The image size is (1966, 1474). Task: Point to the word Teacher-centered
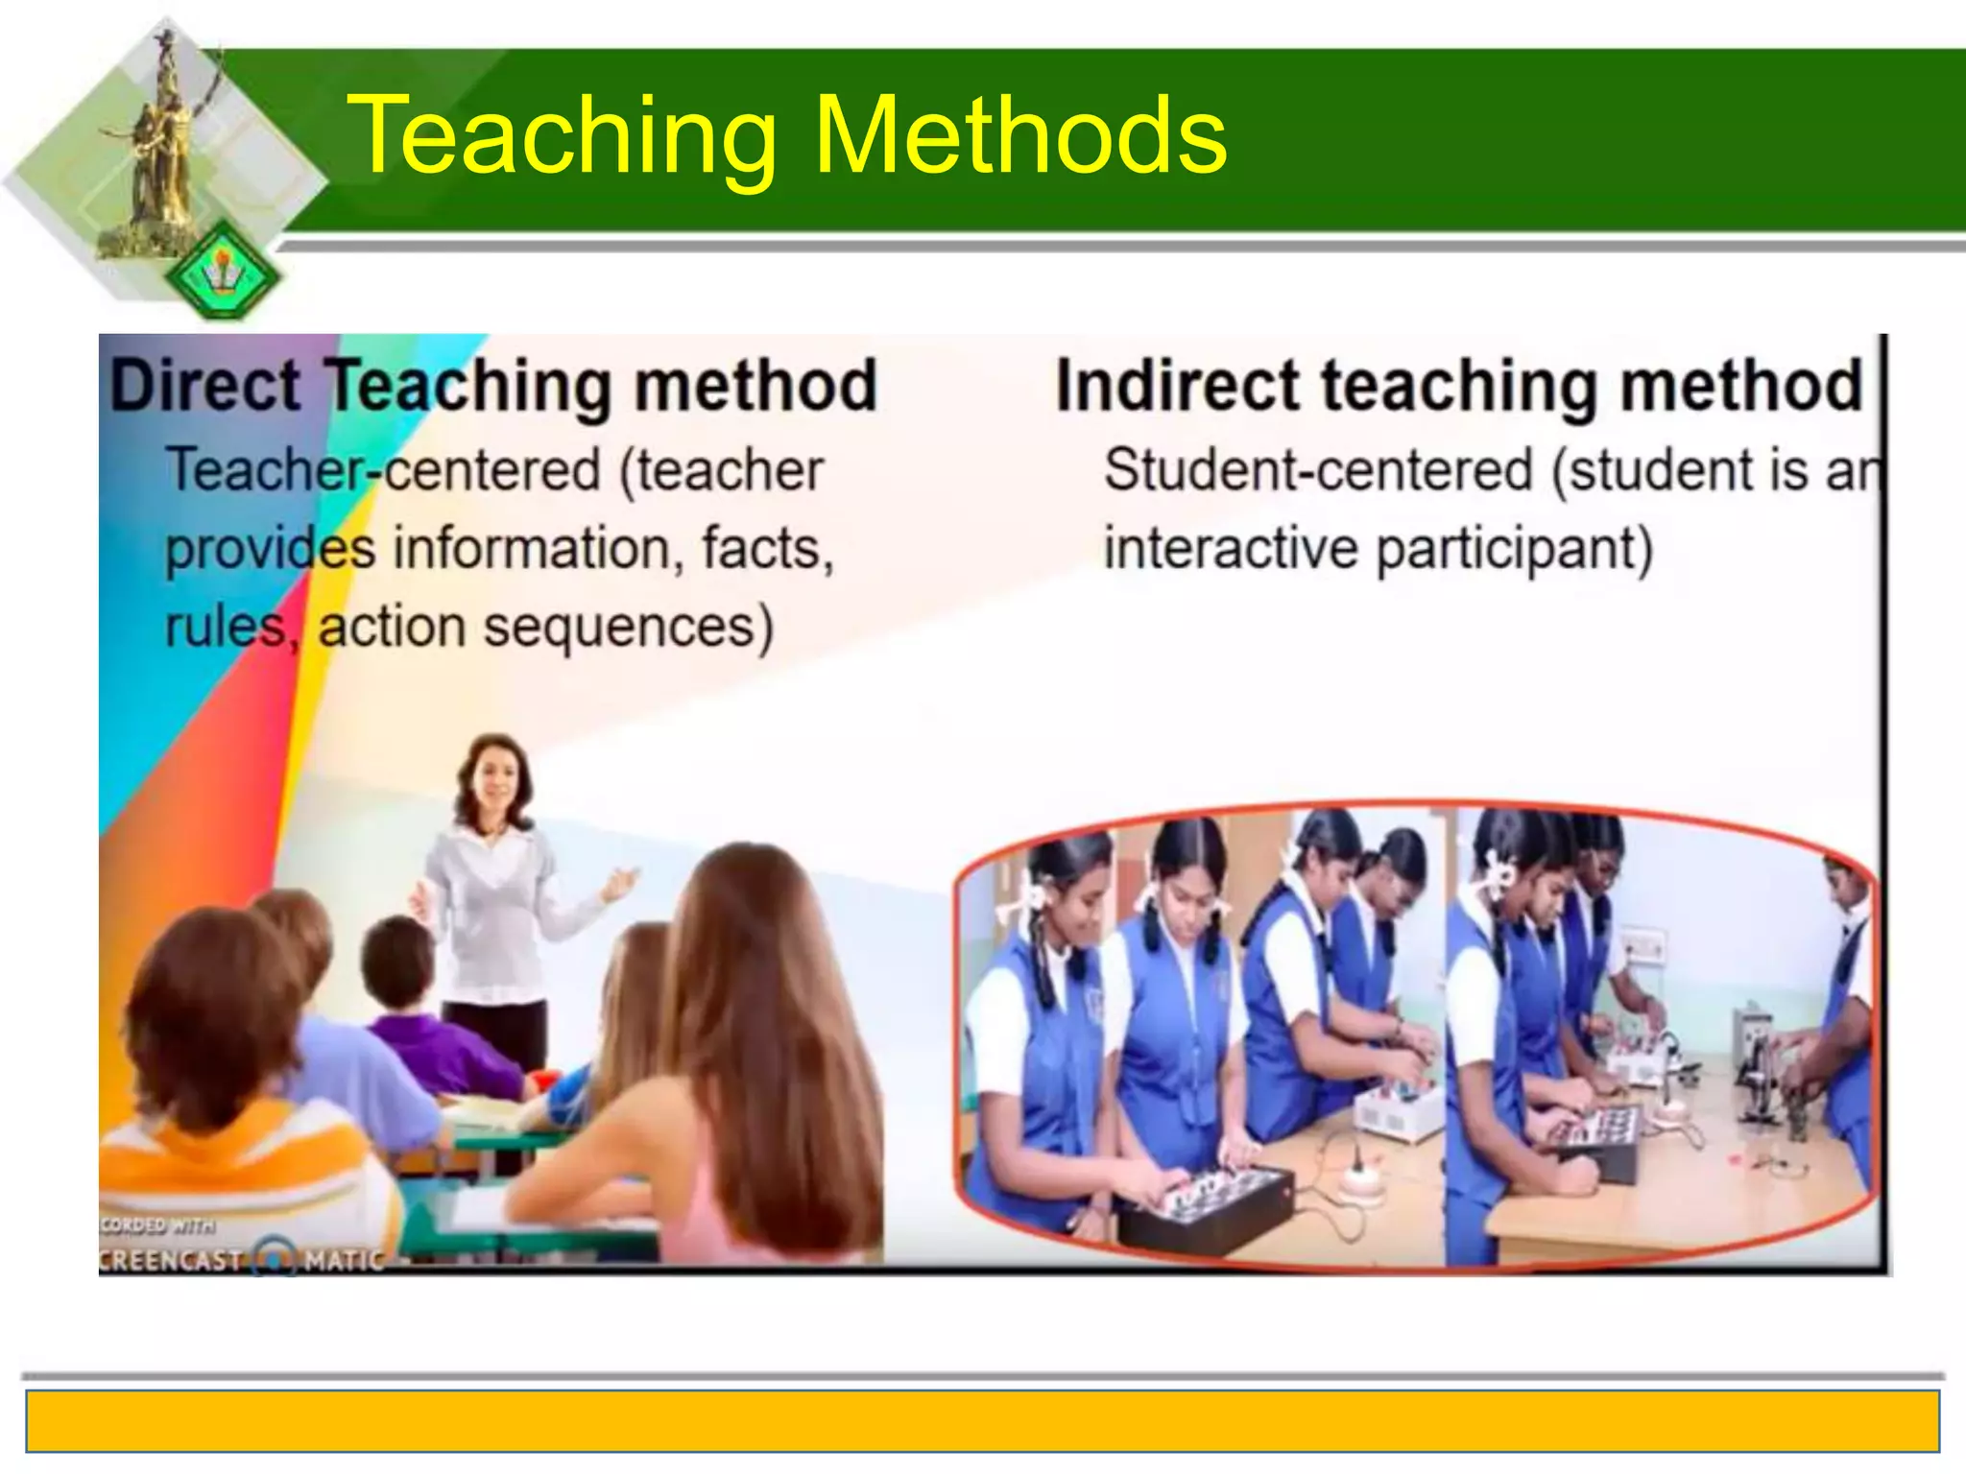(384, 470)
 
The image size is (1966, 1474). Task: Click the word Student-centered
(1318, 470)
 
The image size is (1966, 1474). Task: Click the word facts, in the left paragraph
(768, 549)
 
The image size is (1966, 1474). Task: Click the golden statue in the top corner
(163, 144)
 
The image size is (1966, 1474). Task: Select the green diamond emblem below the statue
(223, 272)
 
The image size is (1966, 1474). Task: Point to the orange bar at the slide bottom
(983, 1420)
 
